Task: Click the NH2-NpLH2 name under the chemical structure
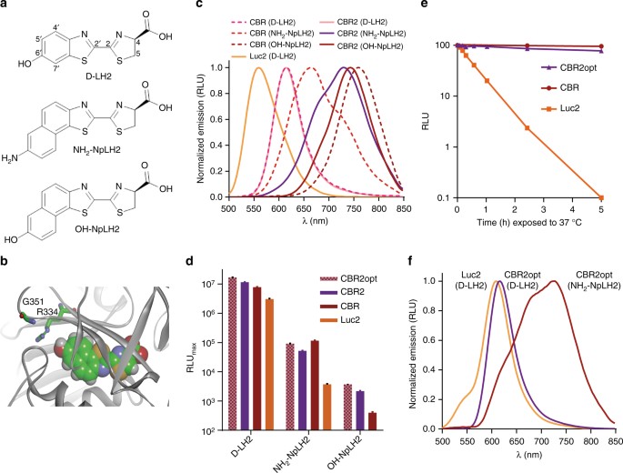point(92,132)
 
